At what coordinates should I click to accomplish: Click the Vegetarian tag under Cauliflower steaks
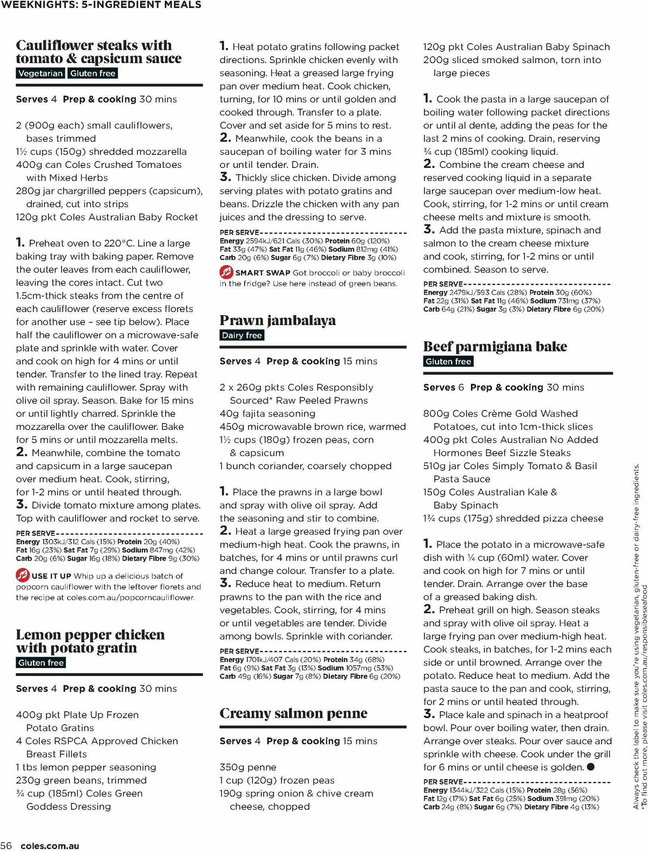[40, 73]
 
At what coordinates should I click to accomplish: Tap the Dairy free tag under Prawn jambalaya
[241, 335]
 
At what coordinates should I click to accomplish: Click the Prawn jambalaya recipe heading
[277, 320]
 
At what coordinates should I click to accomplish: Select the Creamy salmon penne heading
[293, 713]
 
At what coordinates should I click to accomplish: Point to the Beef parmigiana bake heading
[495, 347]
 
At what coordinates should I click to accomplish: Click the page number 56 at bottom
[6, 846]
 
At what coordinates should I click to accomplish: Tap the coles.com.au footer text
[50, 846]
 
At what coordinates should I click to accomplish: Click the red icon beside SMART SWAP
[226, 272]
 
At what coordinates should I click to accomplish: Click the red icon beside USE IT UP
[22, 575]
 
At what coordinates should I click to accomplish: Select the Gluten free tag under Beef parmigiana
[448, 362]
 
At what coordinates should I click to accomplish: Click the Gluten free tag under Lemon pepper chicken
[41, 663]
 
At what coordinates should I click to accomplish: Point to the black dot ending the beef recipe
[590, 767]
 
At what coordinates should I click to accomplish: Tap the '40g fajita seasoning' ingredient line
[267, 414]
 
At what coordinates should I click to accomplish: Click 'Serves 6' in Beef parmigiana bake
[443, 388]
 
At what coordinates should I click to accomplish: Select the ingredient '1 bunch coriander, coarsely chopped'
[305, 466]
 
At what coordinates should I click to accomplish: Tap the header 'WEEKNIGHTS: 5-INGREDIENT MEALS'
[102, 5]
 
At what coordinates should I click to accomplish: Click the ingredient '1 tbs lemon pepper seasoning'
[86, 767]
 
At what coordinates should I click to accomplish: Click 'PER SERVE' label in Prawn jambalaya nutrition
[239, 651]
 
